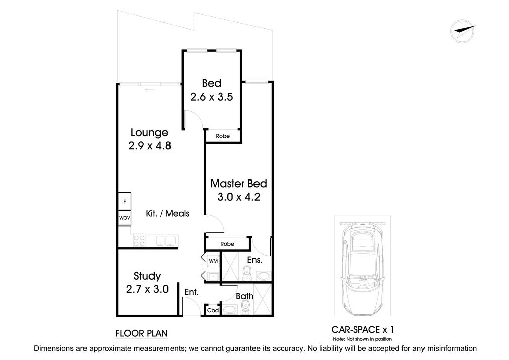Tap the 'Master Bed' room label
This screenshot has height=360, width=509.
[x=238, y=184]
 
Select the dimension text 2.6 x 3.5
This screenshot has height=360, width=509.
[x=211, y=97]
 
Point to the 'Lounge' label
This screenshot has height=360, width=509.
[x=149, y=133]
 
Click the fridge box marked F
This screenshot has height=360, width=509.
[x=124, y=202]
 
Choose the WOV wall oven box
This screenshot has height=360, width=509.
[x=124, y=218]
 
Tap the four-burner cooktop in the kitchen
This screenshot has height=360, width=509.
[x=139, y=241]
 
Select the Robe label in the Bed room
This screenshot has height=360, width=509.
[x=222, y=136]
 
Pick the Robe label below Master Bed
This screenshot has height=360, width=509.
[x=227, y=244]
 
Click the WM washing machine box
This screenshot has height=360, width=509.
[x=213, y=261]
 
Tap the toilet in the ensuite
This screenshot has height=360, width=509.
[x=245, y=274]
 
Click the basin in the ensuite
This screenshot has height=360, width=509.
[x=263, y=276]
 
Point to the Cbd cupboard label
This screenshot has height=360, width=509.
[x=213, y=310]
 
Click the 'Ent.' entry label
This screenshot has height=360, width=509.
[x=191, y=292]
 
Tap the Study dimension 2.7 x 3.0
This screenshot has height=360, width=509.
[x=147, y=289]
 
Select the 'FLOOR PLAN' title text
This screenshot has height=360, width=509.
[x=141, y=333]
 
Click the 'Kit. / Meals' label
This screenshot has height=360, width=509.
[x=167, y=214]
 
